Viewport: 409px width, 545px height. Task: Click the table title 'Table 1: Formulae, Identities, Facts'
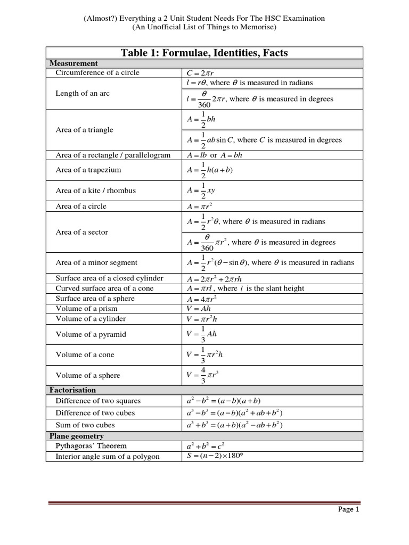tap(204, 52)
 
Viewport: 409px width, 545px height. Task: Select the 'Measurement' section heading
tap(73, 63)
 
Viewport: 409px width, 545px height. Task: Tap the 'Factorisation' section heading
tap(72, 390)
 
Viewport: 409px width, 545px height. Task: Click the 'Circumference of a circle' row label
tap(97, 72)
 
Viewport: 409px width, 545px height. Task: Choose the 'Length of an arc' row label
tap(83, 93)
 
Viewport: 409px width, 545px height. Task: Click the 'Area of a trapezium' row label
tap(88, 170)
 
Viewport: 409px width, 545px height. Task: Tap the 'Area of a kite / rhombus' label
tap(95, 191)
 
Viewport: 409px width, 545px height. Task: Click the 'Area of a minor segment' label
tap(96, 262)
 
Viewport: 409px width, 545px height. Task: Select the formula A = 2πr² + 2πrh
tap(214, 278)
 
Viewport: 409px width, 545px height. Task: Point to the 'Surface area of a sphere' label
tap(95, 299)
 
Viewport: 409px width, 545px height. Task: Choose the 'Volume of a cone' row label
tap(85, 354)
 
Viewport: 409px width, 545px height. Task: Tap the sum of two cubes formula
tap(234, 425)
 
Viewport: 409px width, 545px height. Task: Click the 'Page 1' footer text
tap(349, 509)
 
